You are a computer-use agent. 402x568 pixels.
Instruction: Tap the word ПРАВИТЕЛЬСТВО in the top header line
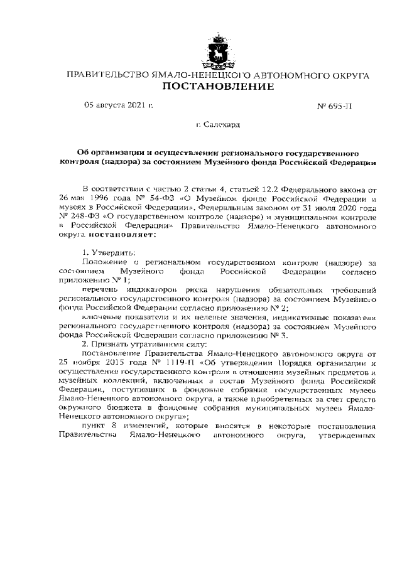coord(105,75)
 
